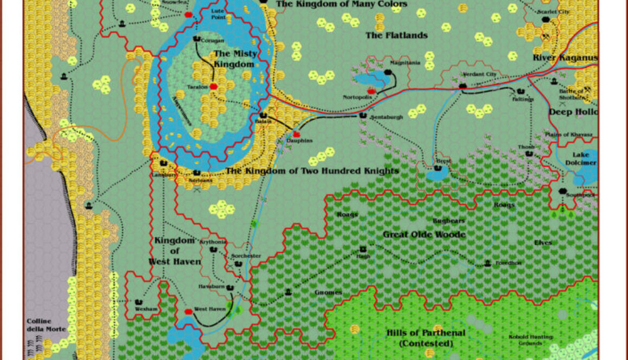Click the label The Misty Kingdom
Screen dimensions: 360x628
(234, 58)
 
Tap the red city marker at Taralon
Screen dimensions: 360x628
(213, 86)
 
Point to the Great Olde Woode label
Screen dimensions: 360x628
(424, 234)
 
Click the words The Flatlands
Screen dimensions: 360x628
(396, 36)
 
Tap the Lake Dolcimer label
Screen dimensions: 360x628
(581, 159)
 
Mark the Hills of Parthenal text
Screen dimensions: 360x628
(426, 333)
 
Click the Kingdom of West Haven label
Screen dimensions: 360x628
(174, 251)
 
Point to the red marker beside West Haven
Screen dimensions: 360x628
(188, 311)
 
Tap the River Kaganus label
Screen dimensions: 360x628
(565, 58)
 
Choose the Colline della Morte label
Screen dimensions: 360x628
(46, 325)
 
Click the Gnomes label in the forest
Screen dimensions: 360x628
(328, 292)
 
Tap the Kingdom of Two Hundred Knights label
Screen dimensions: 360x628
(312, 171)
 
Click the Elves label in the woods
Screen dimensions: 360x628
(542, 243)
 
